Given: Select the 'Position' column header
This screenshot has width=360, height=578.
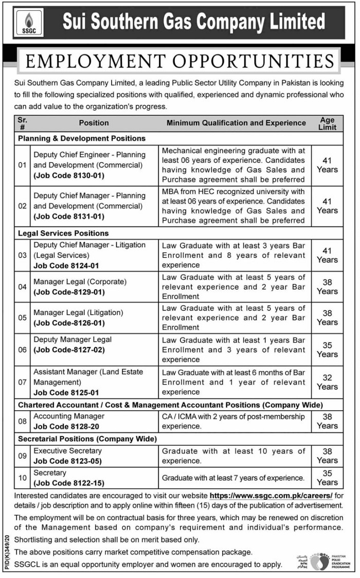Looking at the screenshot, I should pos(94,123).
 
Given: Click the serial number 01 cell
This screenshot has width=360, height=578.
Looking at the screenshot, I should pos(22,165).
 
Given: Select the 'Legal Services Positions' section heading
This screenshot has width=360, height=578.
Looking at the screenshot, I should pos(63,233).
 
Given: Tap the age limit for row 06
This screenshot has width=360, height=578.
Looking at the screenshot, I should pos(327,349).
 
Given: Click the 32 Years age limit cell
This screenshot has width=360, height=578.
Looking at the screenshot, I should pos(327,382).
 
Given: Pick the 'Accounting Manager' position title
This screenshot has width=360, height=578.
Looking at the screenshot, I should pos(69,416).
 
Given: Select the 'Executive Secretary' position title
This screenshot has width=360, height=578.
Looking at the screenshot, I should pos(68,450).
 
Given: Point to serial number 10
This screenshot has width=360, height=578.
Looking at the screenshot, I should pos(22,478).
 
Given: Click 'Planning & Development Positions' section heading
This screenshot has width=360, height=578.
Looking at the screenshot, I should pos(82,138).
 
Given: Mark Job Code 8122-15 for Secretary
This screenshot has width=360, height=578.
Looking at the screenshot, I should pos(68,483).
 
